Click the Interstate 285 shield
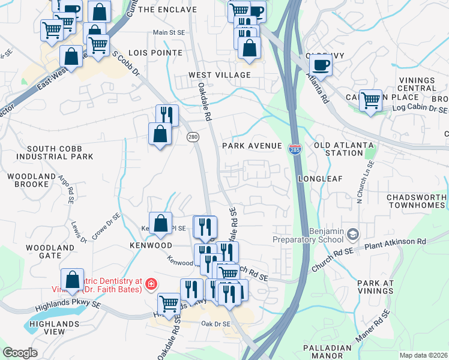tap(295, 148)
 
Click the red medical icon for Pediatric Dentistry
tap(151, 284)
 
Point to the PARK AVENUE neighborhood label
tap(252, 146)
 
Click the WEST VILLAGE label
tap(219, 75)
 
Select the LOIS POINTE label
tap(159, 53)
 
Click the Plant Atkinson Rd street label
tap(396, 242)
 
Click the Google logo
tap(20, 353)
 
